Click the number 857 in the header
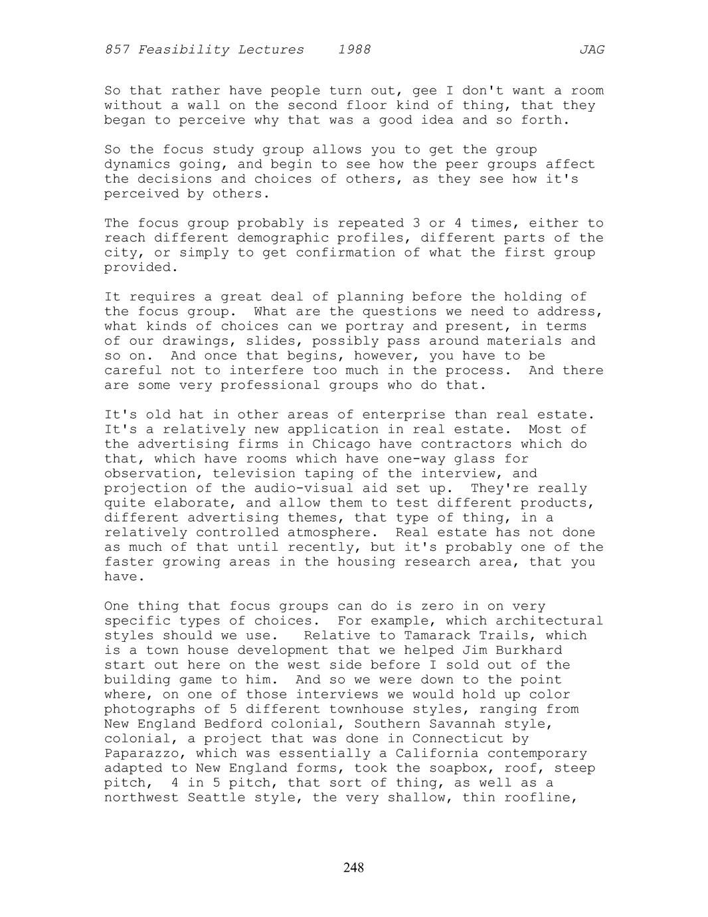117,50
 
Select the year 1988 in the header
354,50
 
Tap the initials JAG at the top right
591,50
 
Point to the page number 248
354,867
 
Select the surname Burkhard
529,650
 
